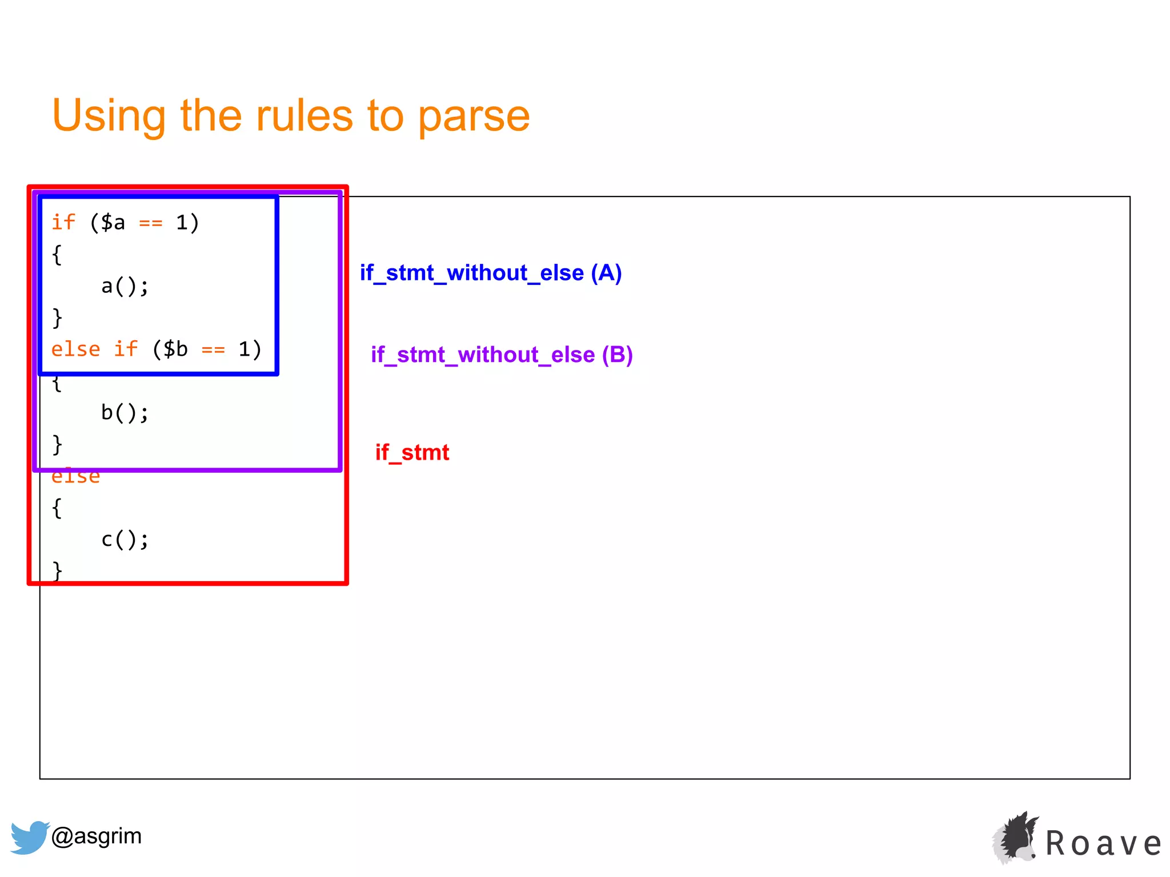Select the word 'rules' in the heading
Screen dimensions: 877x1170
304,116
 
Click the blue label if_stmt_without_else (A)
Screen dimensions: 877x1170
490,273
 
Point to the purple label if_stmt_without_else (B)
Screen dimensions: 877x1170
502,355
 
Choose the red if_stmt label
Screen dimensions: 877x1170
412,452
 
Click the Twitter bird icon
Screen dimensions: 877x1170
29,837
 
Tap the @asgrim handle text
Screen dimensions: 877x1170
97,836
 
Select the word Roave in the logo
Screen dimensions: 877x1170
1103,843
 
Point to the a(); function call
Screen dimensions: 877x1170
125,286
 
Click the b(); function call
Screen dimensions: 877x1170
125,412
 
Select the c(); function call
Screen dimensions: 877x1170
125,540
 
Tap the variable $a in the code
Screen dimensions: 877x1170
113,222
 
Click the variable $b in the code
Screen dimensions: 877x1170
175,349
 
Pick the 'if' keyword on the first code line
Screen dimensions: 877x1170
63,222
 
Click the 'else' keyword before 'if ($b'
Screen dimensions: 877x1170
75,349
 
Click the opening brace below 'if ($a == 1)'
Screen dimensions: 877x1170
57,255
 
